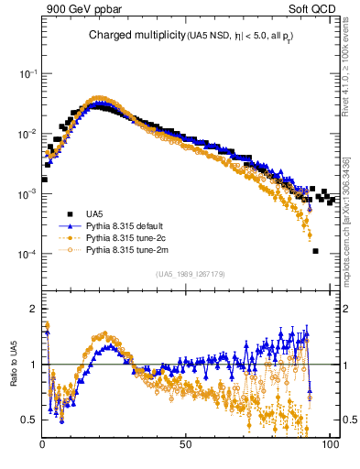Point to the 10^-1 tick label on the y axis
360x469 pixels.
click(x=27, y=73)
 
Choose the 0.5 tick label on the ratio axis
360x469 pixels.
click(x=28, y=420)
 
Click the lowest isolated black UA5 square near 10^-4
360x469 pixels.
click(x=314, y=251)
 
